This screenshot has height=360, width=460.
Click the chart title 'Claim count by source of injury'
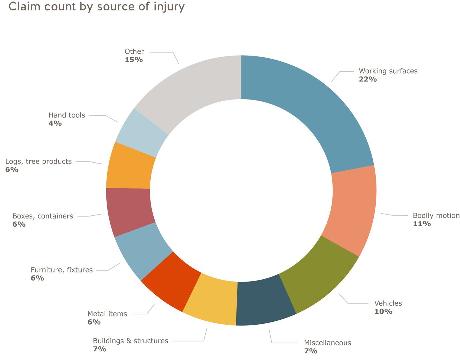[96, 7]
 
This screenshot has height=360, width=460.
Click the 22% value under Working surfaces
[368, 79]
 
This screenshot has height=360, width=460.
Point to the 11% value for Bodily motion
[422, 224]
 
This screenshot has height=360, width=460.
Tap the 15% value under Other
[134, 60]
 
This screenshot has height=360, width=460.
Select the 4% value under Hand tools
[55, 124]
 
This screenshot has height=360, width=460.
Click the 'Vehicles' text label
[388, 303]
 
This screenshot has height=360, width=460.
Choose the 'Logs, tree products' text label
[38, 162]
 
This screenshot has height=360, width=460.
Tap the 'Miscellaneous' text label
[327, 343]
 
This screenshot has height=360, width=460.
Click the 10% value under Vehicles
[383, 312]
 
